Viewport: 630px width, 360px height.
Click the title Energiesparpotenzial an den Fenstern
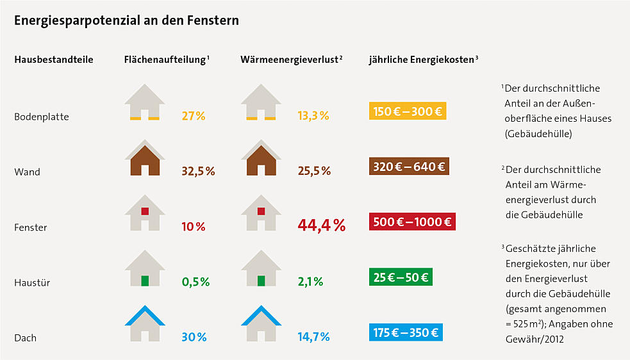point(127,20)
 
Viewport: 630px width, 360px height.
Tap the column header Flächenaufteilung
point(165,60)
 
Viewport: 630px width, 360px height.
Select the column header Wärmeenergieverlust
point(290,60)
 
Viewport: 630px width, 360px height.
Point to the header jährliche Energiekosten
point(422,60)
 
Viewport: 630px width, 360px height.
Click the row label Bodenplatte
point(42,117)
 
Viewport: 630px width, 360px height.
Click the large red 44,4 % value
point(321,225)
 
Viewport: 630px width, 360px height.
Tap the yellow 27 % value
point(194,116)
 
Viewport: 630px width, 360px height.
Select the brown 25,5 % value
point(314,171)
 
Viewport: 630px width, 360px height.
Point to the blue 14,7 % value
point(313,337)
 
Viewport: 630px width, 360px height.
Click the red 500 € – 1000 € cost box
point(412,222)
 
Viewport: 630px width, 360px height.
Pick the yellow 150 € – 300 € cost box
point(407,111)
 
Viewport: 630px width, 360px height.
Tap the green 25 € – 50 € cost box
point(402,277)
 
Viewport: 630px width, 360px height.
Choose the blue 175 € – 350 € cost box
point(406,332)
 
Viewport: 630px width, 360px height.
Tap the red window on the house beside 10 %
point(145,211)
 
